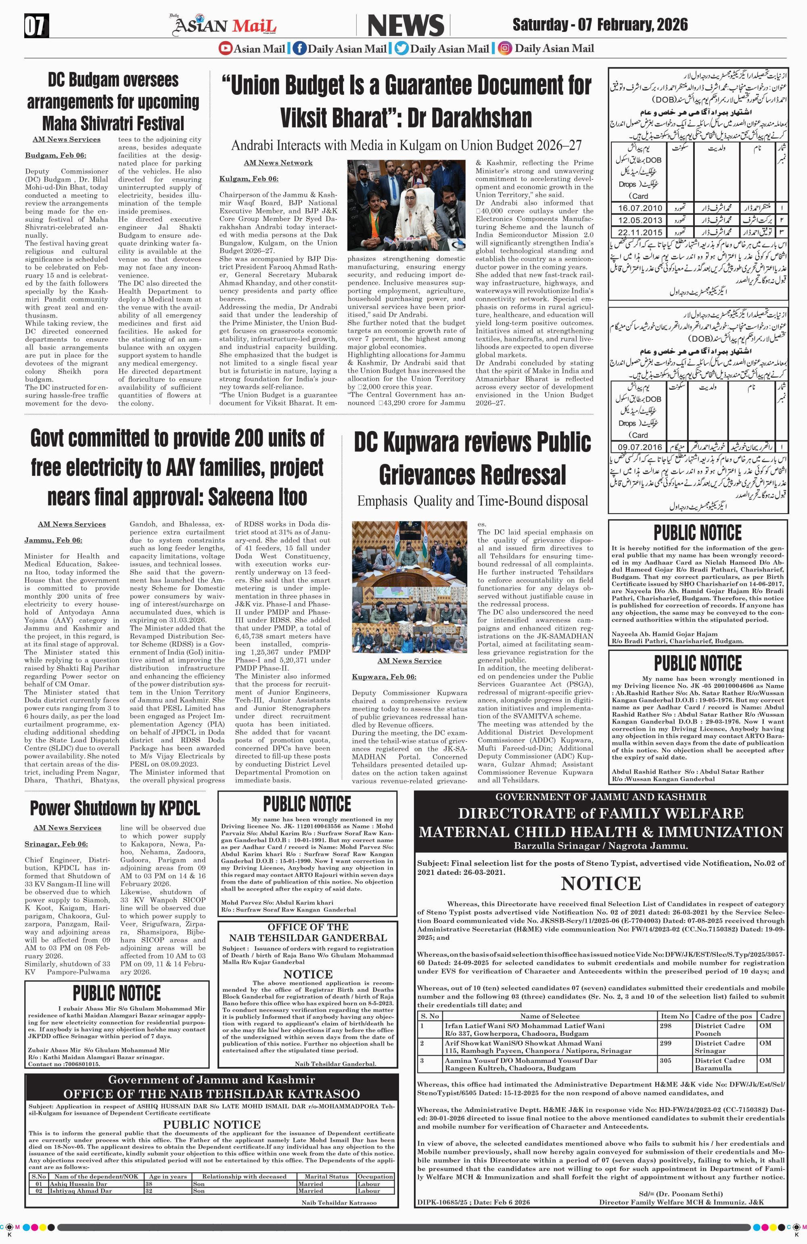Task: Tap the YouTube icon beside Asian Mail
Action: coord(225,48)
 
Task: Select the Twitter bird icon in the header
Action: coord(401,48)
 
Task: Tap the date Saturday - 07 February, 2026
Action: coord(600,25)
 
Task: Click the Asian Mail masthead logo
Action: coord(226,25)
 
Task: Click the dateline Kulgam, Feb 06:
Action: coord(249,179)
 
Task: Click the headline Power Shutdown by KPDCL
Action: coord(115,808)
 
